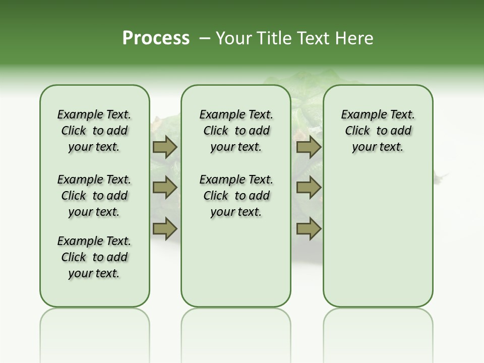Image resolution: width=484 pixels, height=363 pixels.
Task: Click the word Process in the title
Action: pyautogui.click(x=156, y=38)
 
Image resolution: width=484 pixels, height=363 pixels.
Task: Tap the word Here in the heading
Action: pyautogui.click(x=355, y=38)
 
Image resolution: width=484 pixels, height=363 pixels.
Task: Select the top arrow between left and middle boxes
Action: pyautogui.click(x=164, y=147)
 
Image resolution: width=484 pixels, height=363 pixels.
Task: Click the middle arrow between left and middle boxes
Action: pyautogui.click(x=164, y=188)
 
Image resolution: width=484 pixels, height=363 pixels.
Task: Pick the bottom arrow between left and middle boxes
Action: pyautogui.click(x=164, y=229)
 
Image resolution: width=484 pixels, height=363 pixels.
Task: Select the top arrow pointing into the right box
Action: pyautogui.click(x=309, y=147)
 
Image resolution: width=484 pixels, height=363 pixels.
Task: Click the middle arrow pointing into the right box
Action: pyautogui.click(x=309, y=188)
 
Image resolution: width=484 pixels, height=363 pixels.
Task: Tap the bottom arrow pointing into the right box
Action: pyautogui.click(x=309, y=229)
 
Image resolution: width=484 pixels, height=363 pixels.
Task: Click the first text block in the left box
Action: pyautogui.click(x=94, y=131)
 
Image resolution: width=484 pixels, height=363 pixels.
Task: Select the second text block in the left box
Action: pyautogui.click(x=94, y=196)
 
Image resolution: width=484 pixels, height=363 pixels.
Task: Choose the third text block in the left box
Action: pyautogui.click(x=94, y=257)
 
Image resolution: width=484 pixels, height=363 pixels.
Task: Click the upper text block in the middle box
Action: pyautogui.click(x=236, y=131)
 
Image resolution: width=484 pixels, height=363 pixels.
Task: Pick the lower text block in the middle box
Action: pyautogui.click(x=236, y=196)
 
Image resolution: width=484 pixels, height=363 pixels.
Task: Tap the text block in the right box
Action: pyautogui.click(x=378, y=131)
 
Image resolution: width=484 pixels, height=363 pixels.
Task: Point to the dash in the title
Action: pyautogui.click(x=205, y=38)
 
